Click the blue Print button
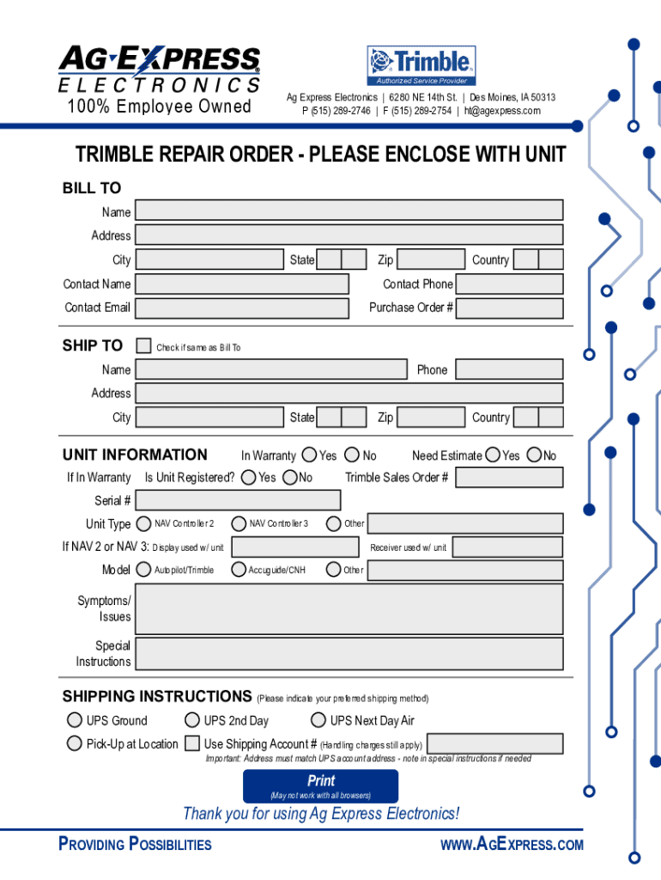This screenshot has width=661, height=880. click(320, 785)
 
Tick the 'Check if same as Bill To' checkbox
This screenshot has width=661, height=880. click(144, 345)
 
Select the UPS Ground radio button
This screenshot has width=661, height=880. click(75, 720)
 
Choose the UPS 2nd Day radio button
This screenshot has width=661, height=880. click(192, 720)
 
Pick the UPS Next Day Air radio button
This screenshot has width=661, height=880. click(318, 720)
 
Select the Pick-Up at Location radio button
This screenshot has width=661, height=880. click(75, 743)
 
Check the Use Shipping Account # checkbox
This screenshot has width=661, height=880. click(192, 743)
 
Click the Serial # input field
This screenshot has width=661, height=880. click(238, 500)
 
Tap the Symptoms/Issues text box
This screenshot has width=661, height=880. click(349, 608)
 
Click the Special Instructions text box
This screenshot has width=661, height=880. click(349, 653)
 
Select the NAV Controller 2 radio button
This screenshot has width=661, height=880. click(143, 523)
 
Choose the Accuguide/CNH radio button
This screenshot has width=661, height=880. click(239, 569)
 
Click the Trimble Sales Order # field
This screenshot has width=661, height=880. click(509, 478)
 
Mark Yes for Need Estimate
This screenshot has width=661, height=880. click(493, 455)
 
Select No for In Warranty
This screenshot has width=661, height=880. click(352, 455)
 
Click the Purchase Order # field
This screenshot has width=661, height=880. click(509, 308)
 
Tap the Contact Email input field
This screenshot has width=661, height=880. click(242, 308)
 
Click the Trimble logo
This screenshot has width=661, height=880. click(421, 65)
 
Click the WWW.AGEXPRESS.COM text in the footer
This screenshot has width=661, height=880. click(512, 845)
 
